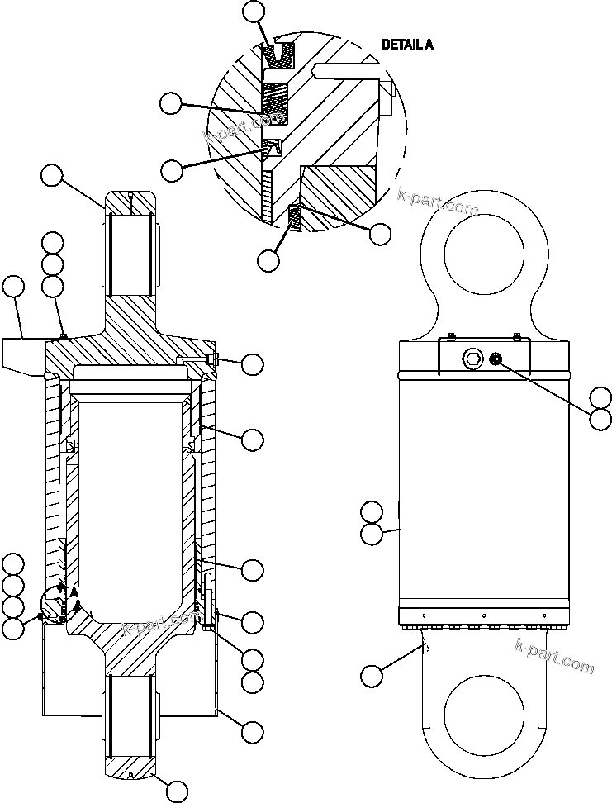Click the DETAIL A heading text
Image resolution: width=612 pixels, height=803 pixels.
tap(407, 45)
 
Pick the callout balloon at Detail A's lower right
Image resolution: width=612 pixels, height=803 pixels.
tap(380, 234)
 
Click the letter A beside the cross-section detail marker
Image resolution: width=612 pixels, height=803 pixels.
tap(74, 592)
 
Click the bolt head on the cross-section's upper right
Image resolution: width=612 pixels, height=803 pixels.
tap(213, 360)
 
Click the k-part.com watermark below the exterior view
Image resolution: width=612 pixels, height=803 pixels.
tap(554, 654)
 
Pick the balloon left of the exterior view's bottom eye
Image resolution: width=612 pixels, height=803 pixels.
tap(372, 676)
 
